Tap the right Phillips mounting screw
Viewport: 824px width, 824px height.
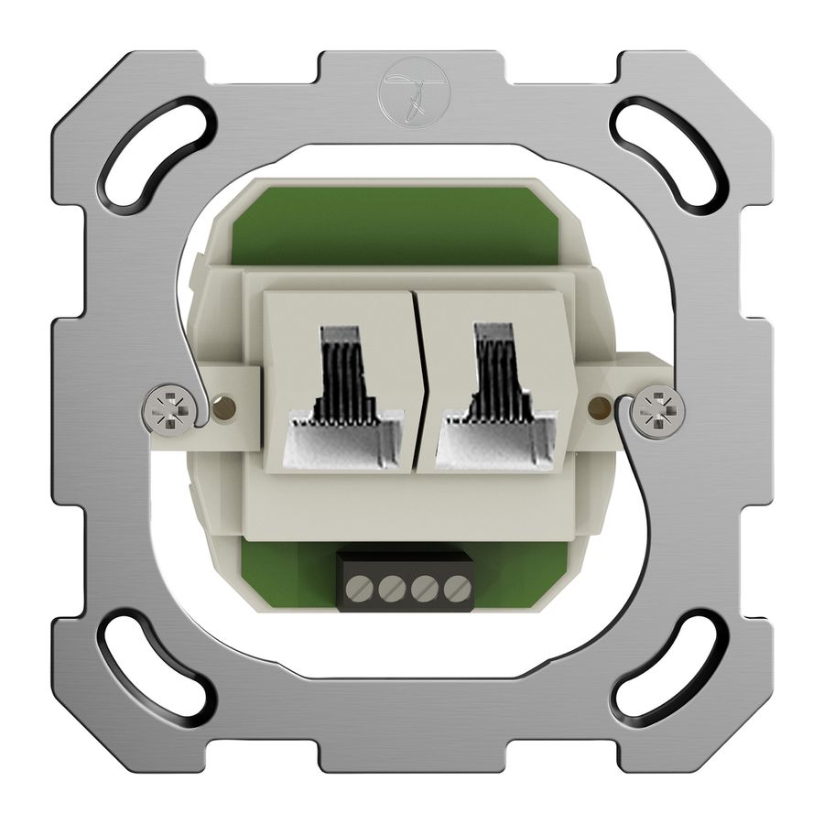coord(658,409)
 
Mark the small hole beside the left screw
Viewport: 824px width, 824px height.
coord(221,405)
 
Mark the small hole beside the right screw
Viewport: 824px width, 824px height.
coord(602,403)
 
